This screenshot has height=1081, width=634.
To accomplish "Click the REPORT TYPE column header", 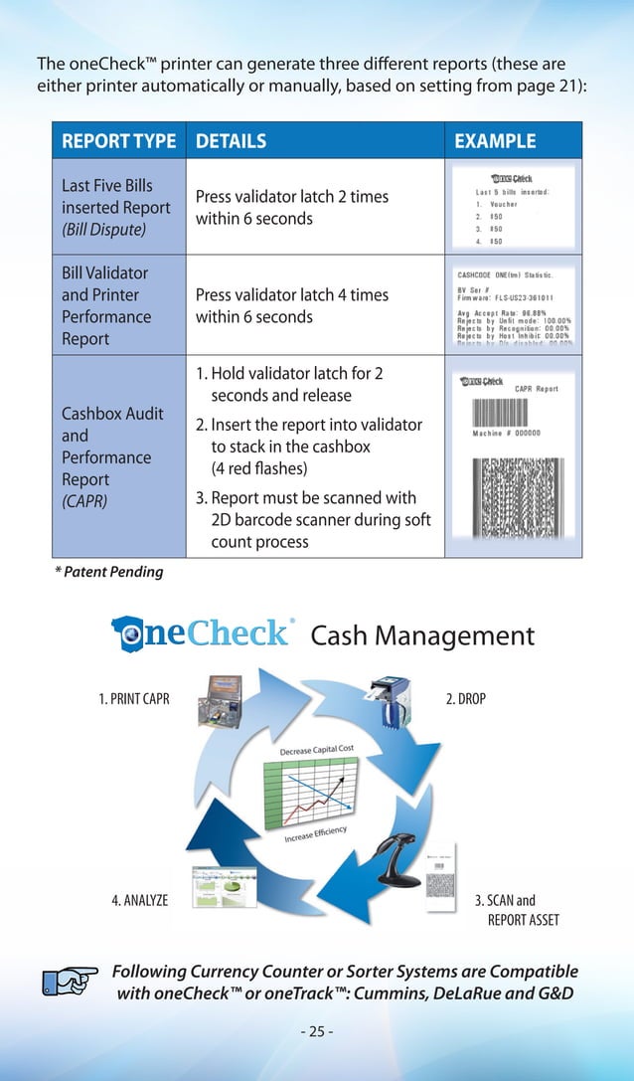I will point(119,141).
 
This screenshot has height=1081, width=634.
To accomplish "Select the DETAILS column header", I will point(231,141).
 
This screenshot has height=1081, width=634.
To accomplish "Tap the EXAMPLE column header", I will point(494,141).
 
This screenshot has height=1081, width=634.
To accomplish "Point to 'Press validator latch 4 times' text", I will point(292,295).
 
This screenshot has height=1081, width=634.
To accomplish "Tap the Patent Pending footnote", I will point(108,572).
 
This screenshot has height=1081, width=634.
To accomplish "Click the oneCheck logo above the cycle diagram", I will point(203,633).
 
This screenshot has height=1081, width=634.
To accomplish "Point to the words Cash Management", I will point(422,636).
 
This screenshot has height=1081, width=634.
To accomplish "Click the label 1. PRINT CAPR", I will point(134,699).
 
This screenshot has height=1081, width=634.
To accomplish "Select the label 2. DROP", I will point(465,699).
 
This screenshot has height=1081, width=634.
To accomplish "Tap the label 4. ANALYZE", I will point(139,901).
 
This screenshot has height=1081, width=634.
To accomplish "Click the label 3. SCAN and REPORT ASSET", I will point(513,910).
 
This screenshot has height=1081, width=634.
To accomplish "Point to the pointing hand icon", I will point(71,981).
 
